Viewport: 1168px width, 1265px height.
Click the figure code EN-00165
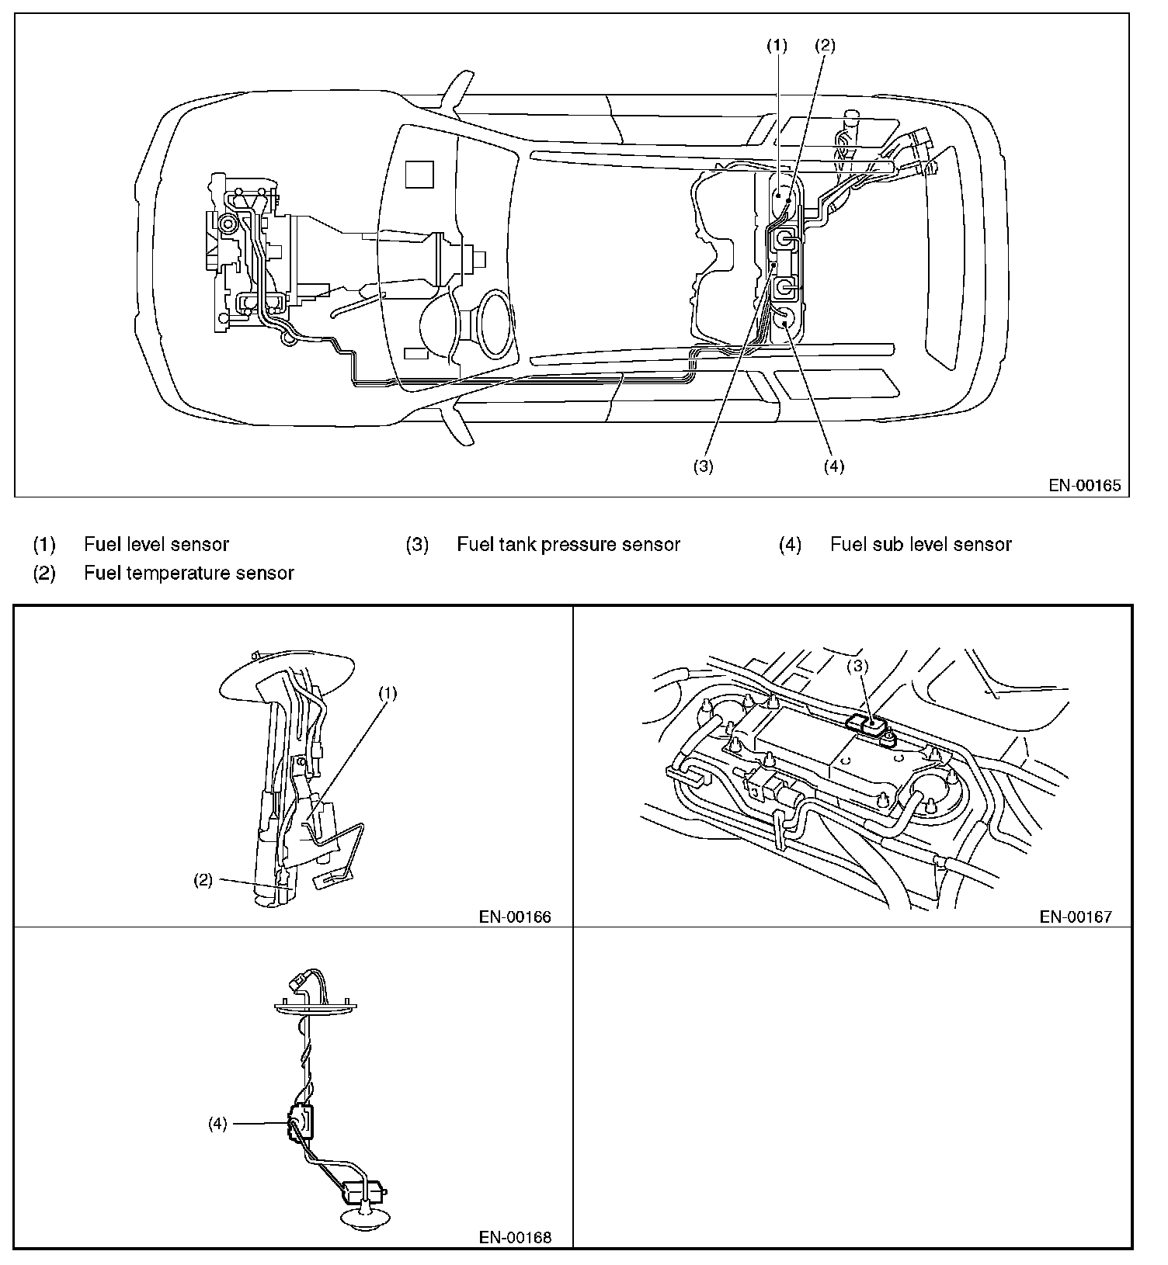(1085, 486)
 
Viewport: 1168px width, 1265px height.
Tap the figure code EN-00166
(515, 917)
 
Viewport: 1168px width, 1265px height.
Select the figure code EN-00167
(1076, 917)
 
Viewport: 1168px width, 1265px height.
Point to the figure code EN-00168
(515, 1237)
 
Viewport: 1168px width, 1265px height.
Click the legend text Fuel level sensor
(156, 544)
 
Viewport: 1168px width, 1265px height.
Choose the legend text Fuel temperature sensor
(189, 573)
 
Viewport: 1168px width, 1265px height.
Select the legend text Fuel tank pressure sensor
(568, 544)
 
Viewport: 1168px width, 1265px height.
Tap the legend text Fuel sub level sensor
(920, 544)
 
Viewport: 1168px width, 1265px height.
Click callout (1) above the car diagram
(777, 46)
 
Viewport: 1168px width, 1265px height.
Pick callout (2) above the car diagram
(825, 46)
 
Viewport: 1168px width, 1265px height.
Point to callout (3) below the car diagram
(703, 466)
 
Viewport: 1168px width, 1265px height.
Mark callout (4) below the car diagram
(833, 466)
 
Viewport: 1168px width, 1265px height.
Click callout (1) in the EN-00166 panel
(388, 693)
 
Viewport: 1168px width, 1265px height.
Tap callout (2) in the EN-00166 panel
(203, 880)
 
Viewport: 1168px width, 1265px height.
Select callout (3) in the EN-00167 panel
(857, 665)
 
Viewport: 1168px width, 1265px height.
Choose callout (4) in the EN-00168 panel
(217, 1123)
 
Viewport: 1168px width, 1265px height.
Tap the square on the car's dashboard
(420, 173)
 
